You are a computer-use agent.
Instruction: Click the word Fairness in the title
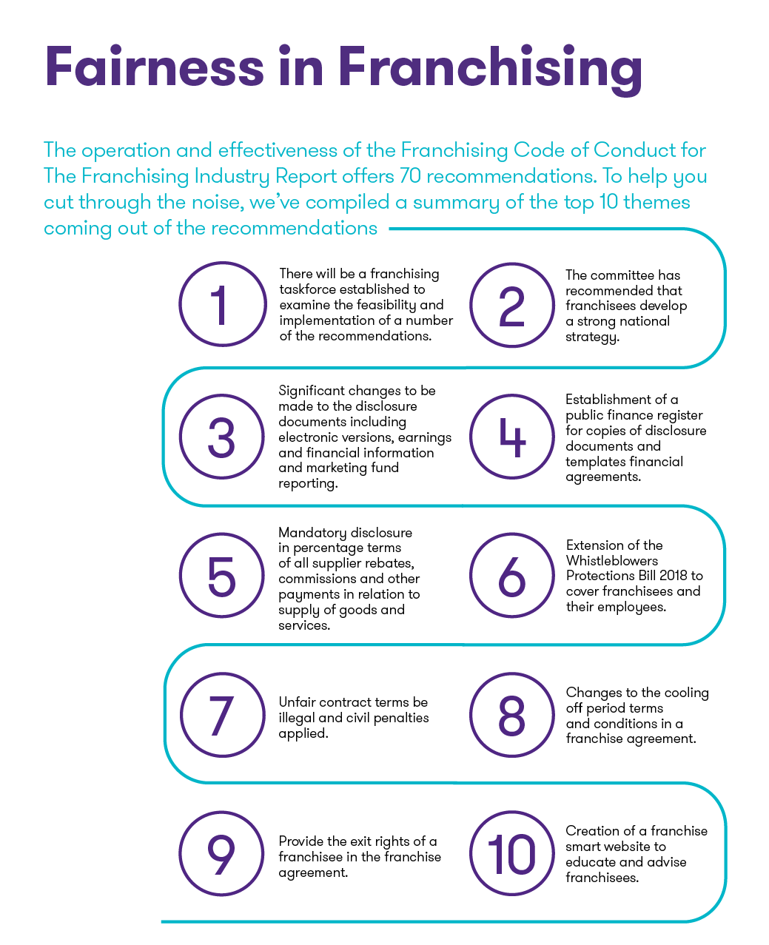click(x=155, y=66)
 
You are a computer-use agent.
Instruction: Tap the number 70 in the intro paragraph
click(x=409, y=175)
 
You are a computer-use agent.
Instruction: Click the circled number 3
click(x=222, y=437)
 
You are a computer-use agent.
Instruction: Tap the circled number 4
click(x=512, y=437)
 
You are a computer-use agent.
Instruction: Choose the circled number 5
click(x=222, y=576)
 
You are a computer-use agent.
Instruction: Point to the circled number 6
click(x=512, y=576)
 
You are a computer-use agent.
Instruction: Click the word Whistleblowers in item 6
click(x=612, y=560)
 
